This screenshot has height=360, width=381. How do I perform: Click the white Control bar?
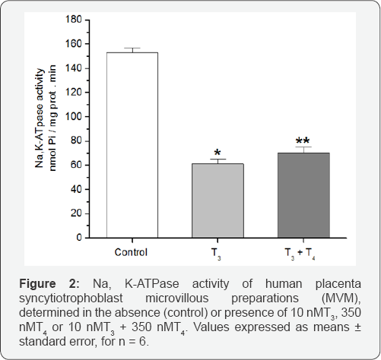[x=132, y=145]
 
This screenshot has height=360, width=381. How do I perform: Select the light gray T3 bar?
[x=217, y=201]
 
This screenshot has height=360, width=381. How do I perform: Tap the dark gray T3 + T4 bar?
[x=303, y=195]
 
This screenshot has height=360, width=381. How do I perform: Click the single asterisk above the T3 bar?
[x=217, y=153]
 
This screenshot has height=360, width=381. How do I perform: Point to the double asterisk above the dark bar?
[x=303, y=141]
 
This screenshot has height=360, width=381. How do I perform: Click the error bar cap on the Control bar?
[x=132, y=48]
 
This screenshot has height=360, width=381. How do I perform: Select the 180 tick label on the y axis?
[x=74, y=19]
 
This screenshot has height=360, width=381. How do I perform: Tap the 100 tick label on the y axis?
[x=74, y=116]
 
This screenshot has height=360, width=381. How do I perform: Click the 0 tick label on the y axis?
[x=79, y=238]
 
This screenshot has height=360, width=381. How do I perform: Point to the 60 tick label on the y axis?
[x=76, y=165]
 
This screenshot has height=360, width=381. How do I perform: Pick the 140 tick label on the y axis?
[x=74, y=68]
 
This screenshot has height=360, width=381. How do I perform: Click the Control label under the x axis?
[x=131, y=252]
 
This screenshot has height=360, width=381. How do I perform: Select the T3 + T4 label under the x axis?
[x=300, y=254]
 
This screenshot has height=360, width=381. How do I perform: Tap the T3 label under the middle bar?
[x=216, y=254]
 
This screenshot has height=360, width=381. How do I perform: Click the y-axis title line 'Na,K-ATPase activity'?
[x=40, y=118]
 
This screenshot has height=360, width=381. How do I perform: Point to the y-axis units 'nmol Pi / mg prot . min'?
[x=52, y=118]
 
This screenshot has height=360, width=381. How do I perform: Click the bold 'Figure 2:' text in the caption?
[x=49, y=284]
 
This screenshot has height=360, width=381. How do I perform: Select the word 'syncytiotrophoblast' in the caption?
[x=71, y=298]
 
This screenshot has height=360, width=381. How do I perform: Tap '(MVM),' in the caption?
[x=341, y=298]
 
